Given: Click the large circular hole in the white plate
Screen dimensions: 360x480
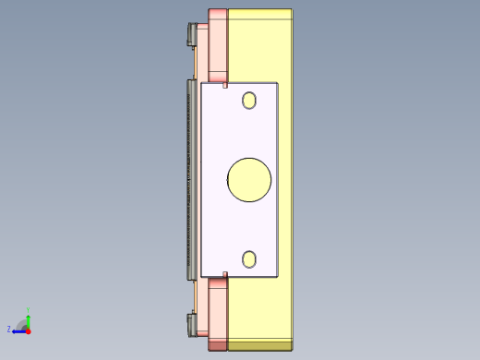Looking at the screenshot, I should [x=249, y=179].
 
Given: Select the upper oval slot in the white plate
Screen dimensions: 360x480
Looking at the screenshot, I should [x=249, y=100].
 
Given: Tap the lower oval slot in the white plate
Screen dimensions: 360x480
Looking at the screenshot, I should [x=249, y=259].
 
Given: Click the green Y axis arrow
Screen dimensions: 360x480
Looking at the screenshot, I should [x=28, y=317].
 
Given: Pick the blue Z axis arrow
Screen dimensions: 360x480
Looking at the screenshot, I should [x=18, y=330].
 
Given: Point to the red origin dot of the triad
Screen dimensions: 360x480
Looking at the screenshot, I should [x=28, y=330].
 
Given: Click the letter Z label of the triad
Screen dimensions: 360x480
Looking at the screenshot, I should [x=9, y=329].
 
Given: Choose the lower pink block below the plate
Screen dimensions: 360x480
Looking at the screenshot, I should [x=218, y=309].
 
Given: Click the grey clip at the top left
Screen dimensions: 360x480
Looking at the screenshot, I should [x=192, y=36].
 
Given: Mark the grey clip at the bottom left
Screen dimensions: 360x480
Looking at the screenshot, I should [x=192, y=325].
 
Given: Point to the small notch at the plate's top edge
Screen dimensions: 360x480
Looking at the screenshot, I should [x=225, y=84].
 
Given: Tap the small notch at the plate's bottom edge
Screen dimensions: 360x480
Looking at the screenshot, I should [x=225, y=274].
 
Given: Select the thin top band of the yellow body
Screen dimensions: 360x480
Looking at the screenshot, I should [x=260, y=13].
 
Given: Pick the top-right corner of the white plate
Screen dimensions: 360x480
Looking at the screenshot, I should [x=277, y=83].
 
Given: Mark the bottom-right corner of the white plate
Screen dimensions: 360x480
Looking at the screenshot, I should [x=277, y=276].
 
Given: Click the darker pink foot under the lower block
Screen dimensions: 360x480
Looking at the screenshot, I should [x=218, y=344].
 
